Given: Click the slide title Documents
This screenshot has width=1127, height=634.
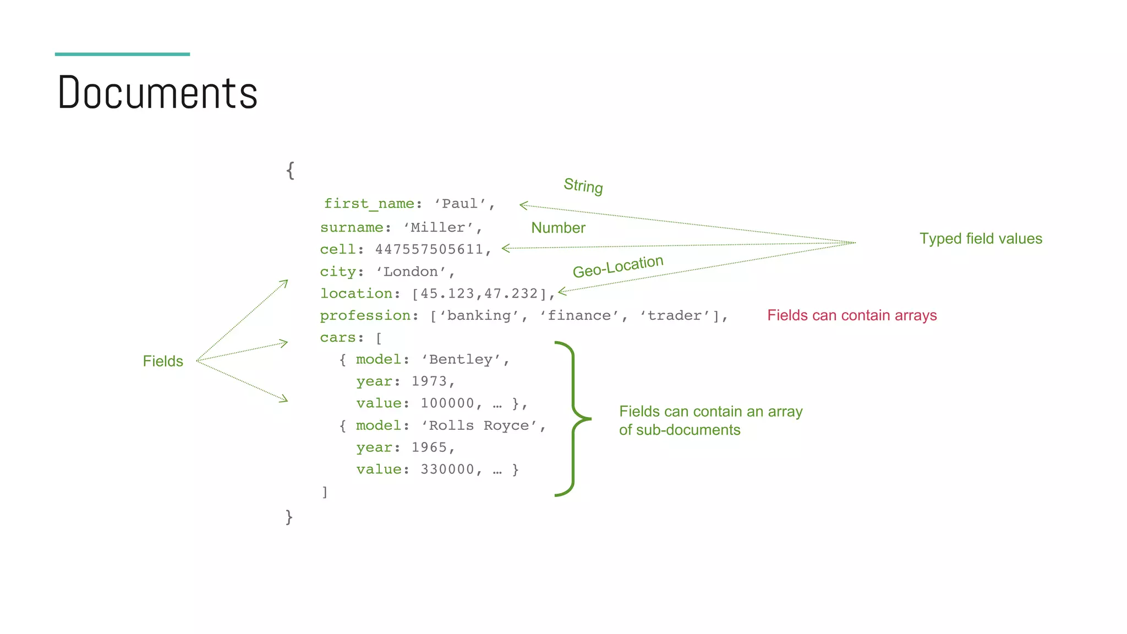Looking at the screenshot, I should [x=157, y=92].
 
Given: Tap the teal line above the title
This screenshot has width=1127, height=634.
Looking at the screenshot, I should [x=122, y=54].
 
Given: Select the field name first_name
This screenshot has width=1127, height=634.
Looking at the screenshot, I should [x=369, y=204].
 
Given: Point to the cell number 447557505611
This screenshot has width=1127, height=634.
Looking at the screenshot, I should [x=429, y=249].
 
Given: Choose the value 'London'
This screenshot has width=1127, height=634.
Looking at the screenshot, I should [x=411, y=272].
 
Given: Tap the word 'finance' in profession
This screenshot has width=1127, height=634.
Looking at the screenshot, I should [x=579, y=315].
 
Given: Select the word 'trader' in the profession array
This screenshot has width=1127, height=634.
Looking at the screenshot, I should [x=674, y=315].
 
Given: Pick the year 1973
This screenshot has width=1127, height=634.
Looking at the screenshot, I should [x=429, y=381].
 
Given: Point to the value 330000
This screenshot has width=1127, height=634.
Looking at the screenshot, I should [x=447, y=469].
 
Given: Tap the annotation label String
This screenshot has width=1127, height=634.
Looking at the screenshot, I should [x=583, y=186].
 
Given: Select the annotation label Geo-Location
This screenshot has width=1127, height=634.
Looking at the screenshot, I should [x=618, y=266].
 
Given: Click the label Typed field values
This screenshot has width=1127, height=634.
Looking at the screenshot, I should [x=981, y=239].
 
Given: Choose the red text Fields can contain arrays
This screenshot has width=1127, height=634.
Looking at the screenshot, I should [x=852, y=315].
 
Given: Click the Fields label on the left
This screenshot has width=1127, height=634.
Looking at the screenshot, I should [x=163, y=361].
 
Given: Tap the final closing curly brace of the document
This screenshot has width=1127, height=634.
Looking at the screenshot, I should [x=289, y=517].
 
